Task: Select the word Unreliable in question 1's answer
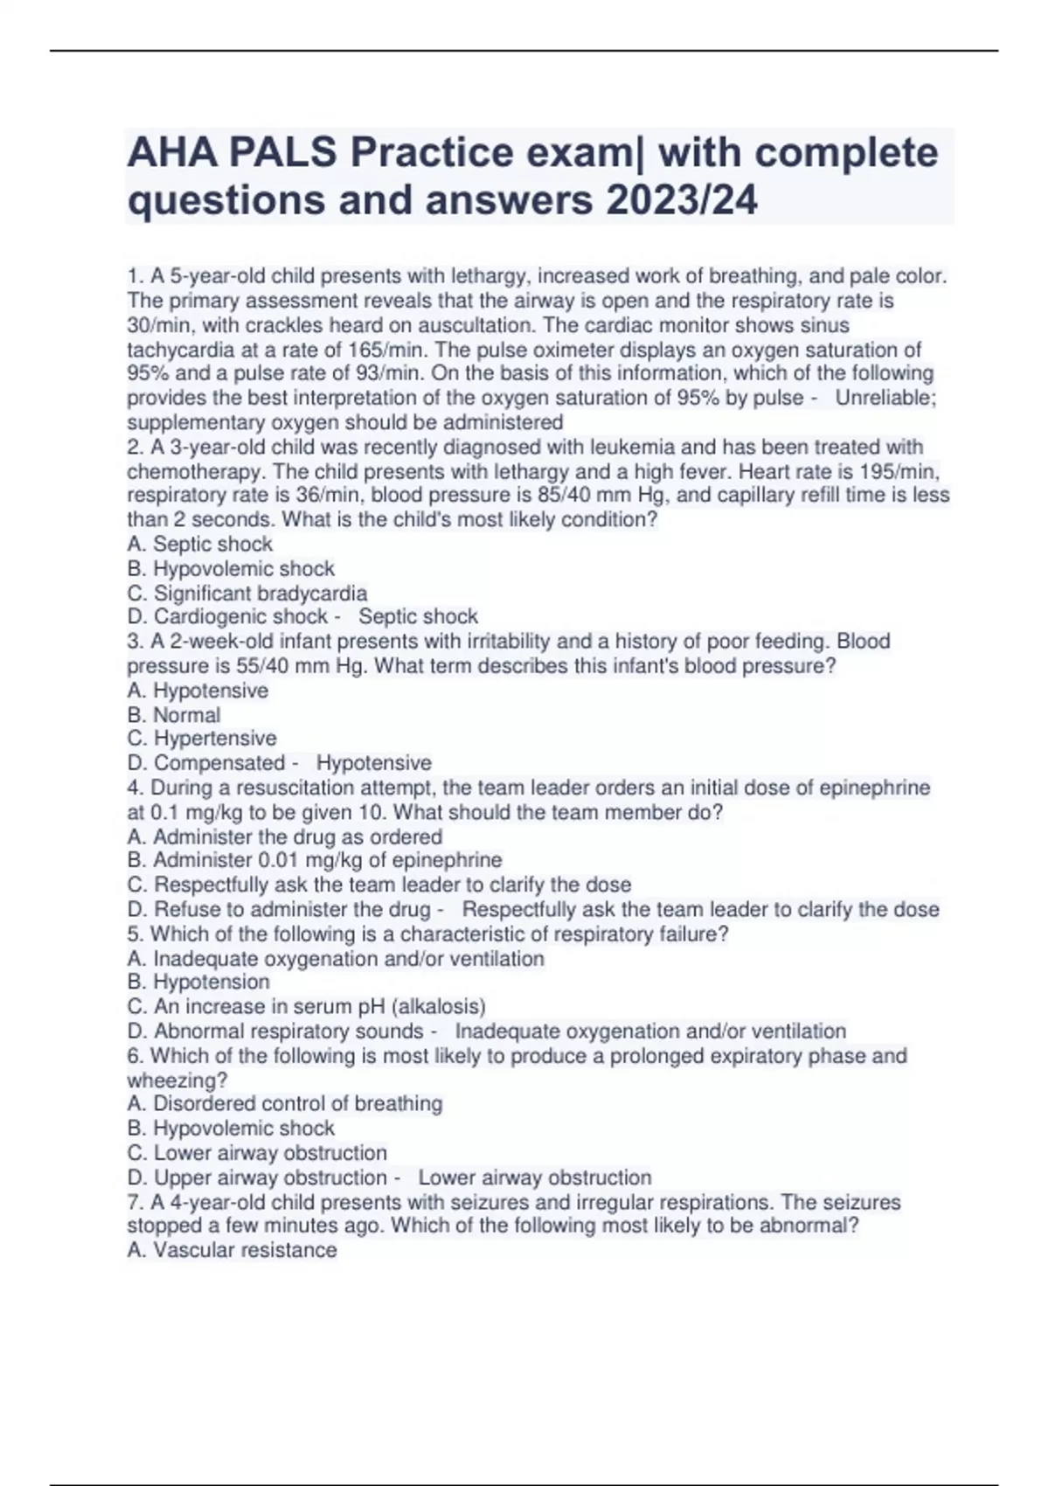[884, 398]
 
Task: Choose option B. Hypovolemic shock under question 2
[231, 568]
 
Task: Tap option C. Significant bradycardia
[247, 593]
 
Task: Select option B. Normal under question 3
[174, 714]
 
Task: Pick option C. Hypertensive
[202, 739]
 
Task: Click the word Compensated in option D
[219, 763]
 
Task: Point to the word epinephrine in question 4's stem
[874, 788]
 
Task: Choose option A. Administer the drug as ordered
[285, 837]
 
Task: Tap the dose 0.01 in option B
[285, 860]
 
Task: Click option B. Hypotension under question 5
[198, 982]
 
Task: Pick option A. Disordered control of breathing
[285, 1104]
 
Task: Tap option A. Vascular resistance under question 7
[233, 1250]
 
